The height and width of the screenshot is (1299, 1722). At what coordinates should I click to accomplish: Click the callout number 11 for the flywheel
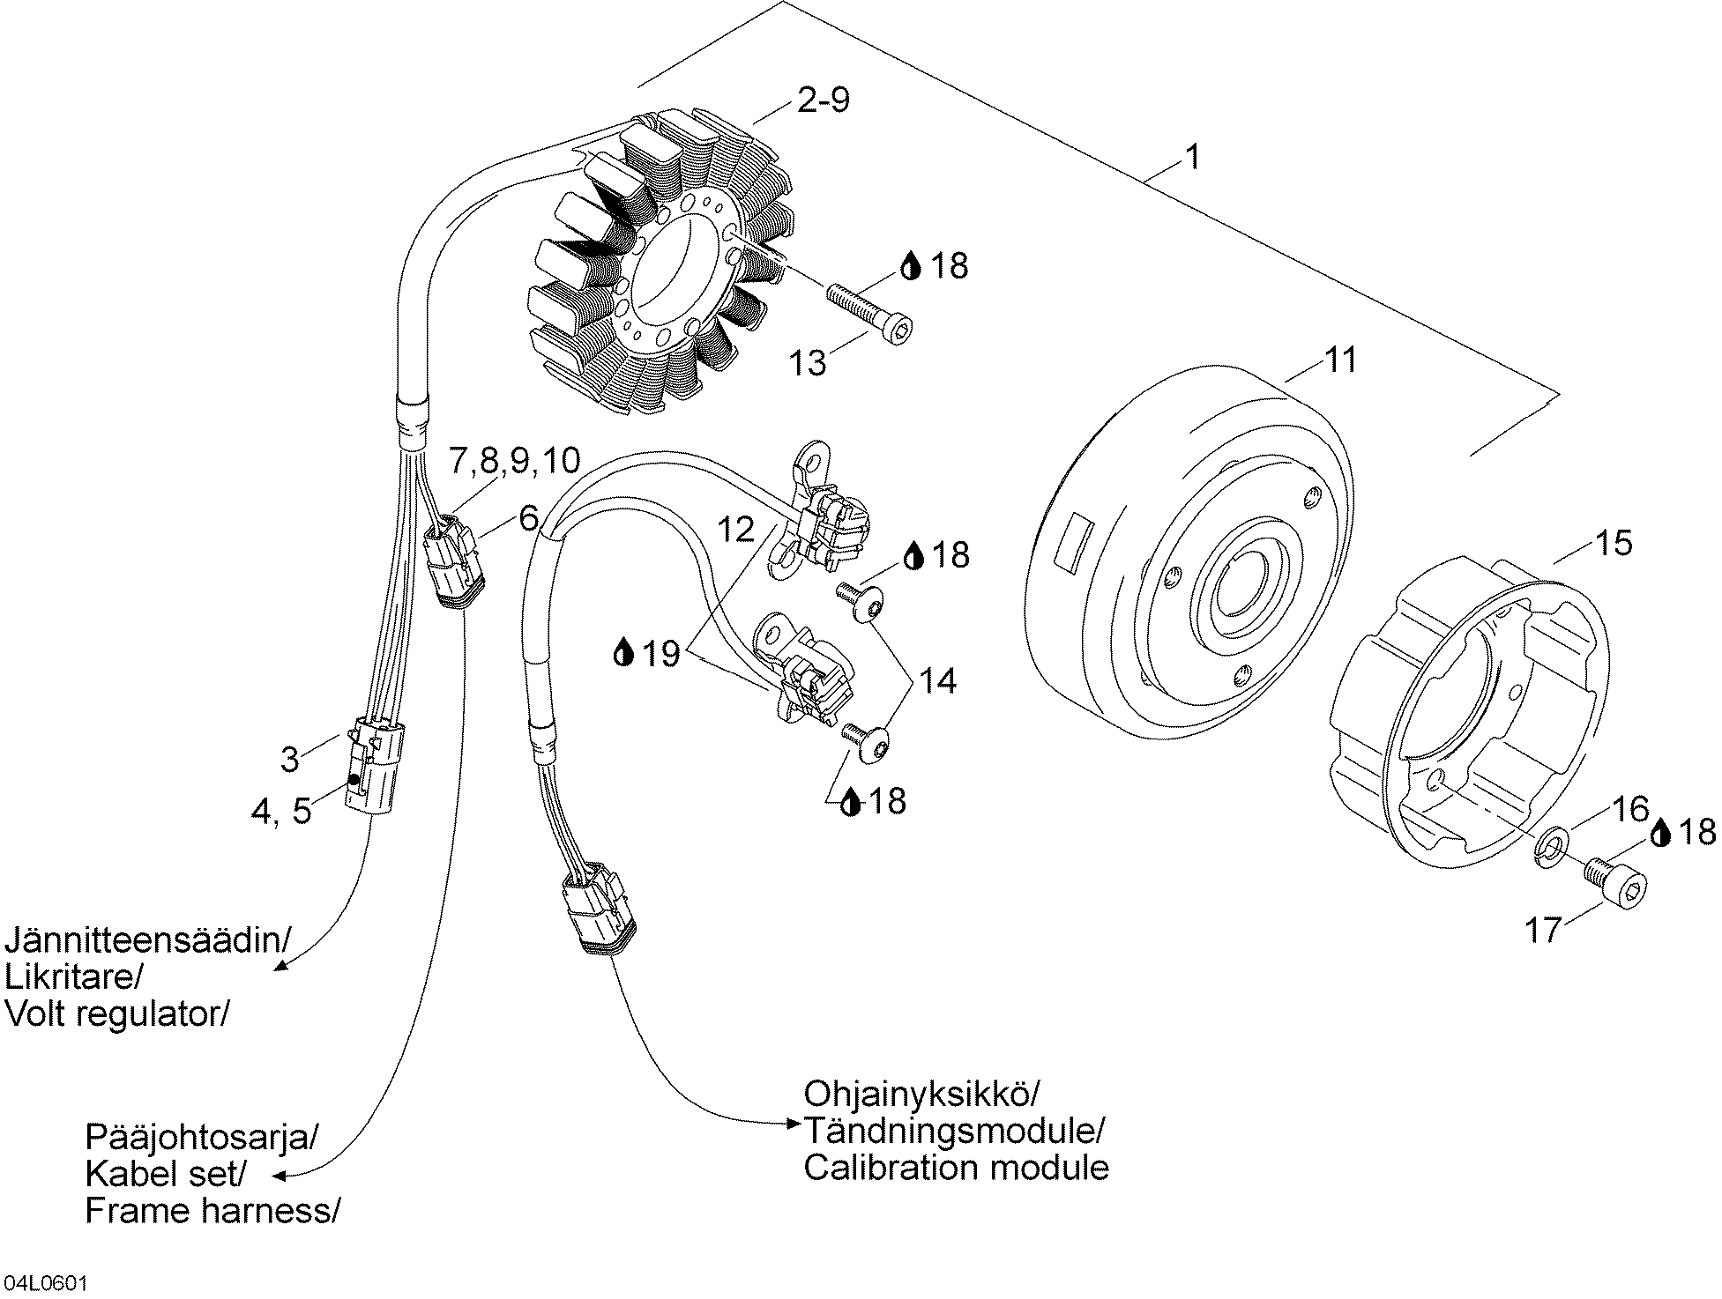tap(1341, 360)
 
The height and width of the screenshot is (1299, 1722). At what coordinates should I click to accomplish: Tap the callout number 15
tap(1614, 543)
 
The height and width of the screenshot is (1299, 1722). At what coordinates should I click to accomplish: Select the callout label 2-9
tap(823, 100)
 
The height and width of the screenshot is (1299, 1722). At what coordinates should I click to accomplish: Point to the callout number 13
tap(807, 362)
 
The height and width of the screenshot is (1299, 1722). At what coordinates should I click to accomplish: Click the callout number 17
tap(1543, 930)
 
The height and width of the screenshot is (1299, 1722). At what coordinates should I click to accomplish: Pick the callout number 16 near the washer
tap(1630, 808)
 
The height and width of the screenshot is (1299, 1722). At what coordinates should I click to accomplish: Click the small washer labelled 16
tap(1551, 846)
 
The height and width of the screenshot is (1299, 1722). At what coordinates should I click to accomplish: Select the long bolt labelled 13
tap(868, 311)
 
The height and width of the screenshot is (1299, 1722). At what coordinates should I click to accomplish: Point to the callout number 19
tap(660, 654)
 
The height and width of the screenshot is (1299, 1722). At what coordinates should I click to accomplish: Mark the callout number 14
tap(938, 680)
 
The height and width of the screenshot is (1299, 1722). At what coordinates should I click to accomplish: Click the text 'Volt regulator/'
tap(117, 1014)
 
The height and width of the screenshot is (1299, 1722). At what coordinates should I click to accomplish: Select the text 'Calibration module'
tap(956, 1167)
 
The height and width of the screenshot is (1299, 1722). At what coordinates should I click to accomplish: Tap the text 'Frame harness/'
tap(212, 1211)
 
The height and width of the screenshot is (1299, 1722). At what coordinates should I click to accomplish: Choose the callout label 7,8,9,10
tap(515, 460)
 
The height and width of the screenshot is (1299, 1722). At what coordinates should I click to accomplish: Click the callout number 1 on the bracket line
tap(1192, 158)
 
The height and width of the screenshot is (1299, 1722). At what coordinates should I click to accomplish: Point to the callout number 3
tap(290, 759)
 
